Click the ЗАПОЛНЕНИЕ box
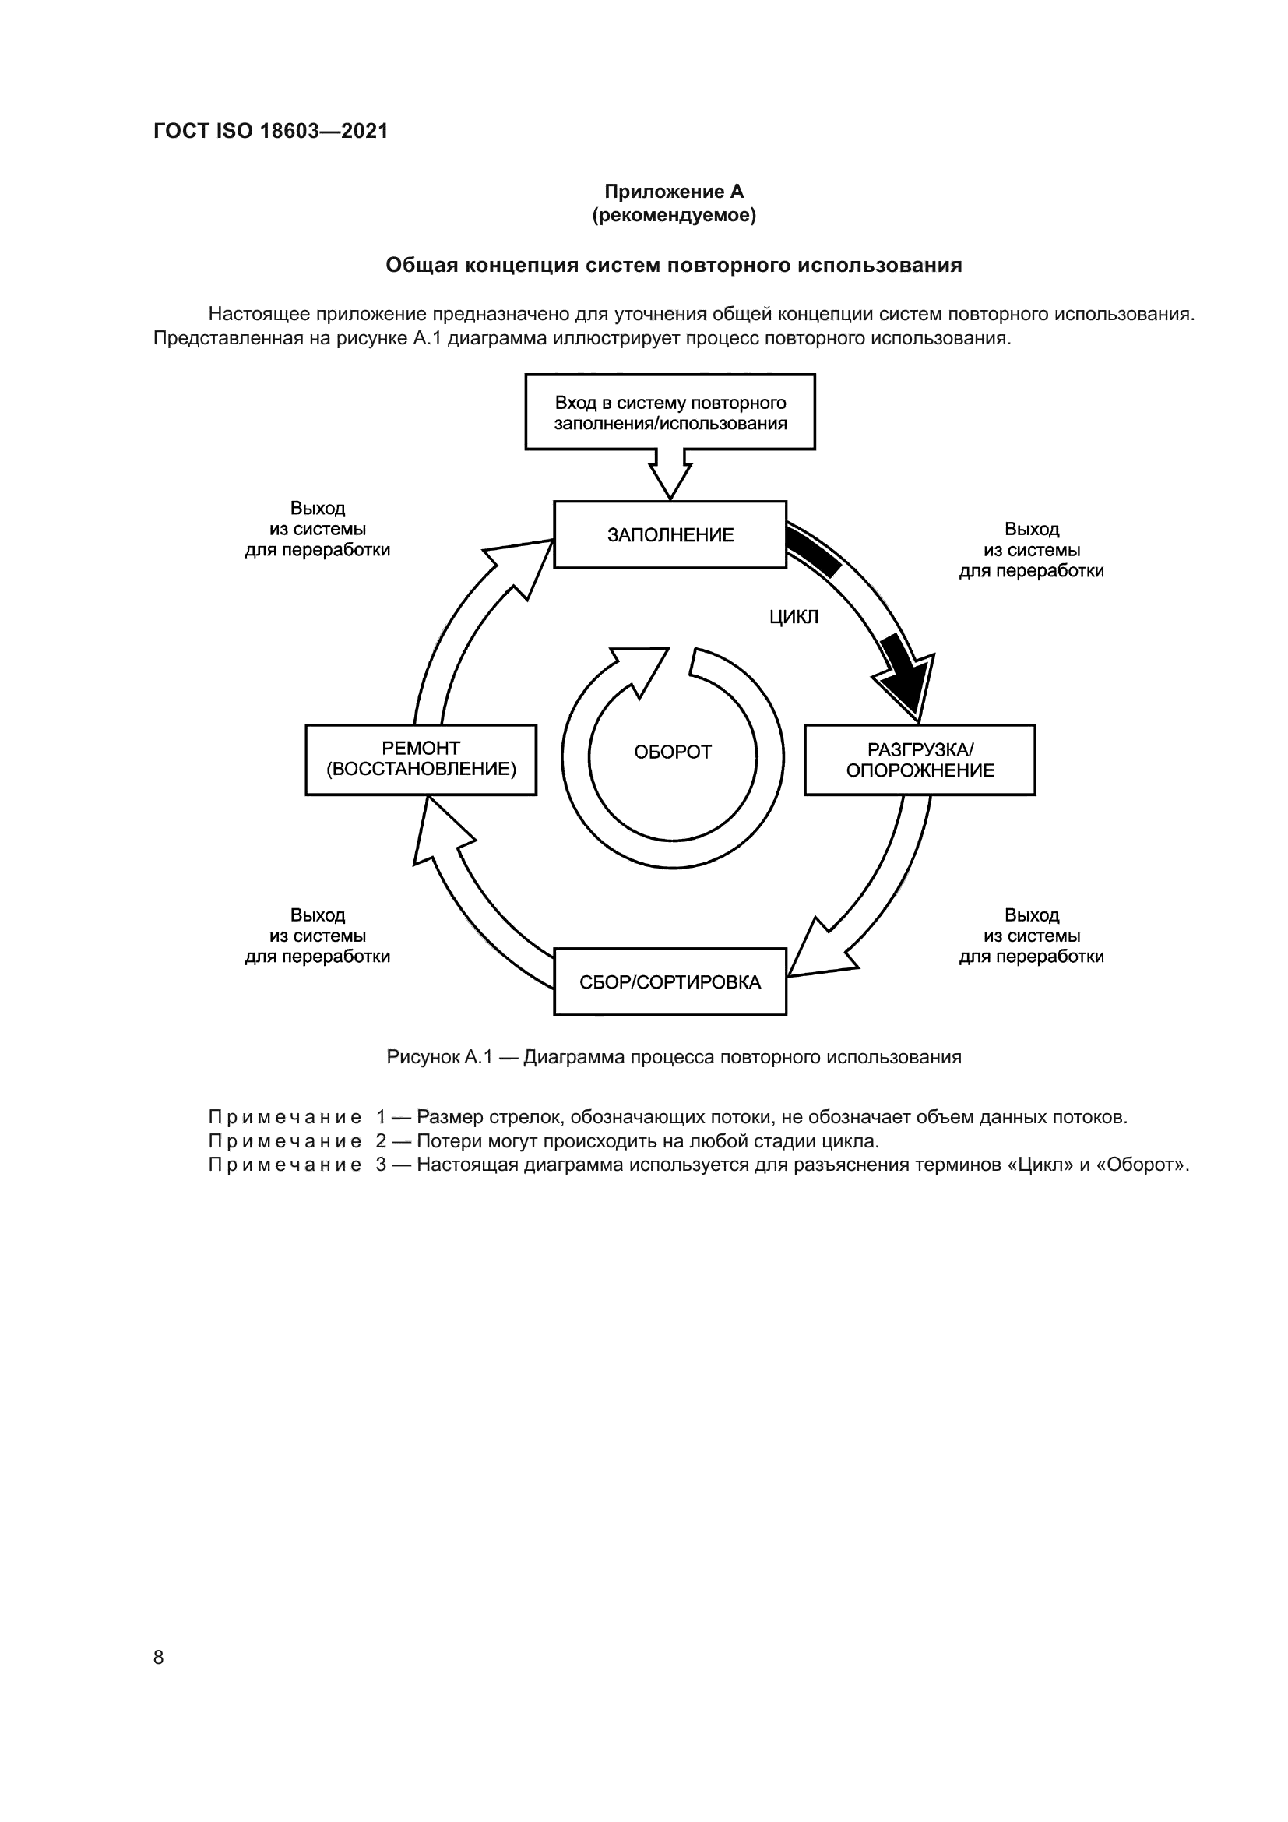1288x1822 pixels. pyautogui.click(x=670, y=534)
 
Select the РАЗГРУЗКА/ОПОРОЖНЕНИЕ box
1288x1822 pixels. pyautogui.click(x=919, y=759)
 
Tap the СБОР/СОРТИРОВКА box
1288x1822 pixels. pyautogui.click(x=670, y=981)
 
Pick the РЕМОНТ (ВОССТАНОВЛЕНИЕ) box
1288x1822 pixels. pyautogui.click(x=421, y=759)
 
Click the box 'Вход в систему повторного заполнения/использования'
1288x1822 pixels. pyautogui.click(x=670, y=412)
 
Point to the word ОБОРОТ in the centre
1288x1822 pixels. pyautogui.click(x=673, y=752)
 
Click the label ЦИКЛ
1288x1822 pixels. pyautogui.click(x=793, y=618)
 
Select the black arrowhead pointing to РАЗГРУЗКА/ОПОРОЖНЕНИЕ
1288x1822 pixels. pyautogui.click(x=906, y=680)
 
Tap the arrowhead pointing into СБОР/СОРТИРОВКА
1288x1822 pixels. pyautogui.click(x=817, y=952)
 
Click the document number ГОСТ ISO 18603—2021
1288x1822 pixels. pyautogui.click(x=270, y=131)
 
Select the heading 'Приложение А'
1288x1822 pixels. pyautogui.click(x=674, y=192)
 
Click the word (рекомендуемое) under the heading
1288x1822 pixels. pyautogui.click(x=674, y=215)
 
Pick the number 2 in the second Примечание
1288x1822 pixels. pyautogui.click(x=381, y=1141)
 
